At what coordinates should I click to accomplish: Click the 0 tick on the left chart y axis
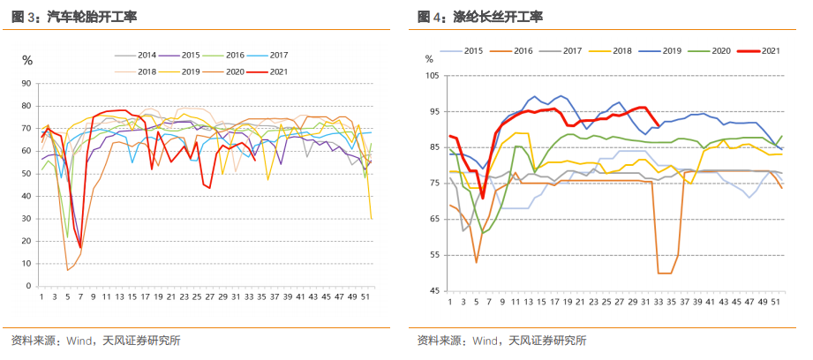pos(29,287)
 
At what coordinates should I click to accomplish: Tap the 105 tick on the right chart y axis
pos(431,76)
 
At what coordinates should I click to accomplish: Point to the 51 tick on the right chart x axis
pos(776,302)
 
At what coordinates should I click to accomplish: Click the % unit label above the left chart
pos(27,61)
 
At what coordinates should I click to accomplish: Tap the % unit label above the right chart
pos(430,59)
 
